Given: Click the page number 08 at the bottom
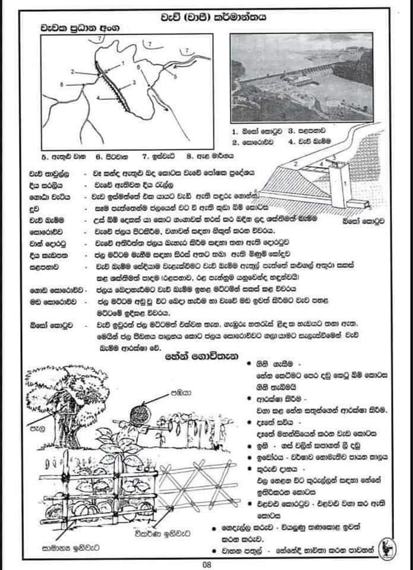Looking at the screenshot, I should click(206, 564).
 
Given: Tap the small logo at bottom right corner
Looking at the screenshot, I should click(389, 546).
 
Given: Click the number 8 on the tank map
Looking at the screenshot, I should click(61, 86).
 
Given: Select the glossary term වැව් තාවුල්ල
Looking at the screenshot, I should click(48, 173).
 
